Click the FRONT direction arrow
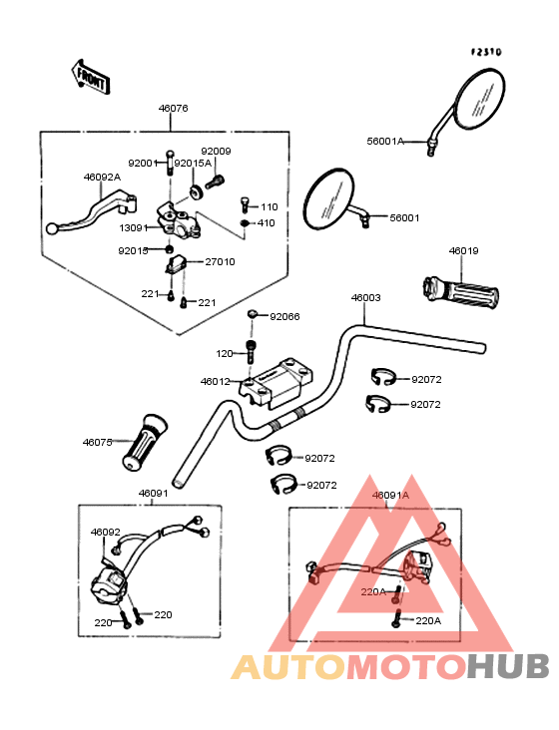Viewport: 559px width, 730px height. (91, 78)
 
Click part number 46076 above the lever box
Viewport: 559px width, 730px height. (173, 109)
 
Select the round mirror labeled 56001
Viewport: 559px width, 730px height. (334, 199)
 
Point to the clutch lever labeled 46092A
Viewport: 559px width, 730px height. (92, 211)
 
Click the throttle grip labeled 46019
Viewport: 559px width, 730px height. (460, 292)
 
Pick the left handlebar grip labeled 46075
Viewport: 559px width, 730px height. (145, 443)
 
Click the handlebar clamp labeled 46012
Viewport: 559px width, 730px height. (276, 383)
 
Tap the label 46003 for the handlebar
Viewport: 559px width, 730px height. (365, 297)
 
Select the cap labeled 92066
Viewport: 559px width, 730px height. (252, 314)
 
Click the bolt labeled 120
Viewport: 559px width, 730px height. (252, 351)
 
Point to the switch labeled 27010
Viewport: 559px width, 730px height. (176, 264)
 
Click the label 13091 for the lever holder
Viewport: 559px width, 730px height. (134, 228)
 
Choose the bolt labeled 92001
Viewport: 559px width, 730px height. (170, 163)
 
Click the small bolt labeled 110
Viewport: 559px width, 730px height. (245, 204)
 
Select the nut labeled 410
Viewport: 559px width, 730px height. (245, 223)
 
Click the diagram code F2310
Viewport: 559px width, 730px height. (486, 52)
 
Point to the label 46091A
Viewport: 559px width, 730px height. (390, 496)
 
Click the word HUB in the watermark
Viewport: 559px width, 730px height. (509, 666)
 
